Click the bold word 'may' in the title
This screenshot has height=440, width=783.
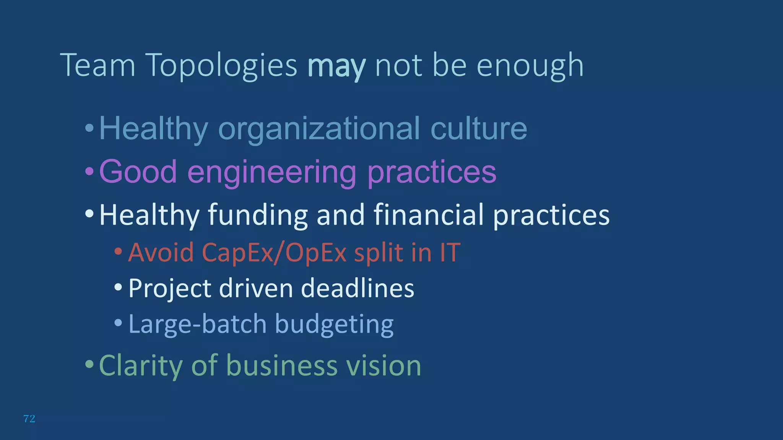tap(336, 66)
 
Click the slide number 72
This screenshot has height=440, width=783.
tap(29, 419)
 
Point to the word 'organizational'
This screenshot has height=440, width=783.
tap(319, 129)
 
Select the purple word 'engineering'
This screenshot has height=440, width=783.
tap(272, 172)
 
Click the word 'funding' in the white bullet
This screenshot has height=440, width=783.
tap(258, 215)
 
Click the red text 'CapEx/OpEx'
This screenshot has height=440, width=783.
tap(274, 253)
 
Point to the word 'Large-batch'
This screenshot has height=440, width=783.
tap(197, 324)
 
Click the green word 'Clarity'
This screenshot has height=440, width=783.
tap(140, 366)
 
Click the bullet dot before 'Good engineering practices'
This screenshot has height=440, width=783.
tap(89, 172)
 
